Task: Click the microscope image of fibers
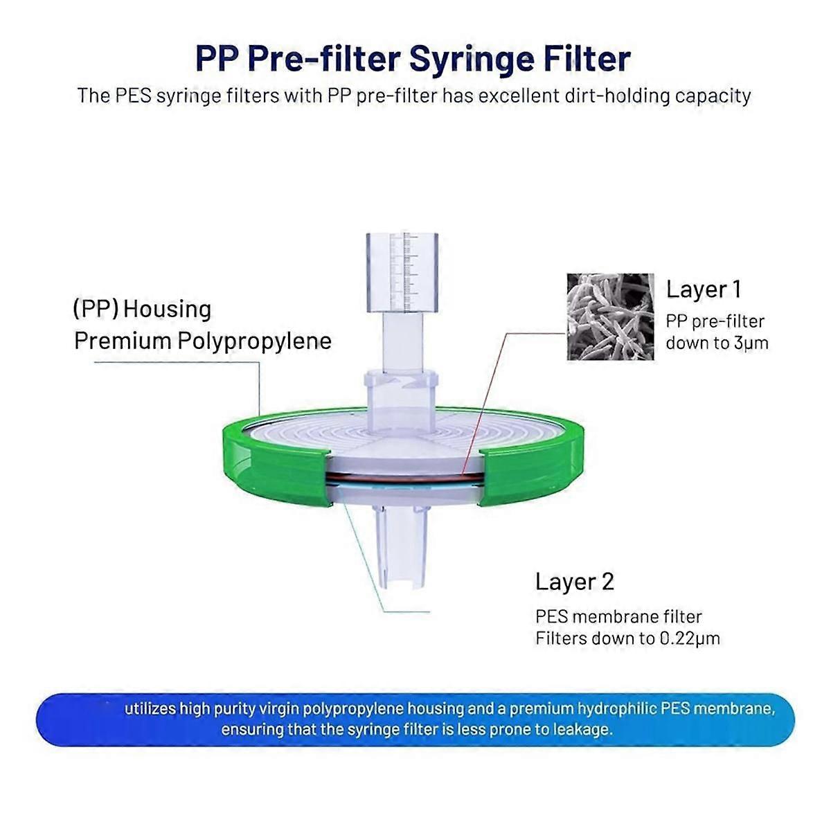pyautogui.click(x=610, y=316)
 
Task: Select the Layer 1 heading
pyautogui.click(x=704, y=289)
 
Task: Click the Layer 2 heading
pyautogui.click(x=575, y=582)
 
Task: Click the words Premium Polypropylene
pyautogui.click(x=203, y=341)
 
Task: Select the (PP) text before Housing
pyautogui.click(x=95, y=309)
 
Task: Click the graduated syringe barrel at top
pyautogui.click(x=402, y=271)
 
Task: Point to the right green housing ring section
pyautogui.click(x=533, y=463)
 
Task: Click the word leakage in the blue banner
pyautogui.click(x=582, y=730)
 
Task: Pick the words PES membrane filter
pyautogui.click(x=618, y=617)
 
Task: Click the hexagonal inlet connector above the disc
pyautogui.click(x=401, y=384)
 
